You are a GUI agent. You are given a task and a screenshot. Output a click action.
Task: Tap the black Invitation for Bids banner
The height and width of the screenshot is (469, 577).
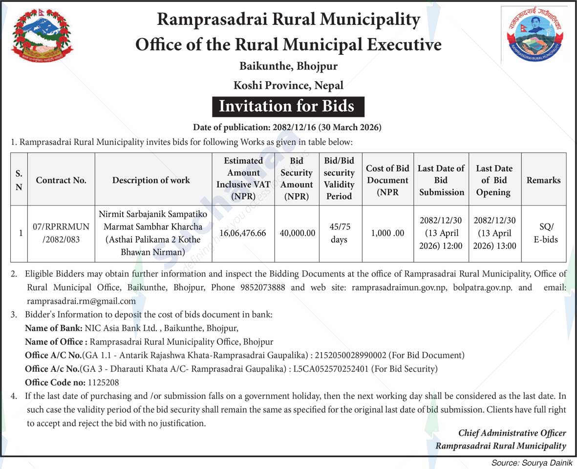click(x=288, y=106)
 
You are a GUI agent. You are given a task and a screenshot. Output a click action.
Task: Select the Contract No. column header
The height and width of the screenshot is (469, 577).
click(x=61, y=180)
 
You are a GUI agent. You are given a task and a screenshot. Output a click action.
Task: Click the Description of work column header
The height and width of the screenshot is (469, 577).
click(x=151, y=180)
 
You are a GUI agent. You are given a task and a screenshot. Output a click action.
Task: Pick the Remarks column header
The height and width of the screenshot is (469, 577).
click(x=543, y=180)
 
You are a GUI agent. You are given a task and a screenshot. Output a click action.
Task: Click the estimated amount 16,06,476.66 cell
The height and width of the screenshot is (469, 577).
click(x=243, y=233)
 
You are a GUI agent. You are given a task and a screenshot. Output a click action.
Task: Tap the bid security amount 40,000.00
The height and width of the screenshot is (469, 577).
click(x=297, y=233)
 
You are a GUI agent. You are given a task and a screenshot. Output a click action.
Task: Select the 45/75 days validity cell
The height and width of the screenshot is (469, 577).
click(x=339, y=233)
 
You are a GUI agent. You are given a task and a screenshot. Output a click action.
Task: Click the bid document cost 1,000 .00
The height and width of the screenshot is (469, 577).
click(x=387, y=233)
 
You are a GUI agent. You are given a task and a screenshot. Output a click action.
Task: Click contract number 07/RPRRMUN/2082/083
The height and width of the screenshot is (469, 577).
click(x=61, y=233)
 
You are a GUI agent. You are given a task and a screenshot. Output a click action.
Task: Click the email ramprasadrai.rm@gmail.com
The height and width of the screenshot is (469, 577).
click(x=81, y=301)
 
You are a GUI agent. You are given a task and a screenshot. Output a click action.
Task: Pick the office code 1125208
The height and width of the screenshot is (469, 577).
click(x=103, y=382)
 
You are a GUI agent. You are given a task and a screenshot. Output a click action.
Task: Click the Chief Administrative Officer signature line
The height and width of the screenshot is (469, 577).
click(x=512, y=433)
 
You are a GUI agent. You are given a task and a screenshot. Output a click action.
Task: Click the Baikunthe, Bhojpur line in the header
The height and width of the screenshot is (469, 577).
click(x=288, y=66)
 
